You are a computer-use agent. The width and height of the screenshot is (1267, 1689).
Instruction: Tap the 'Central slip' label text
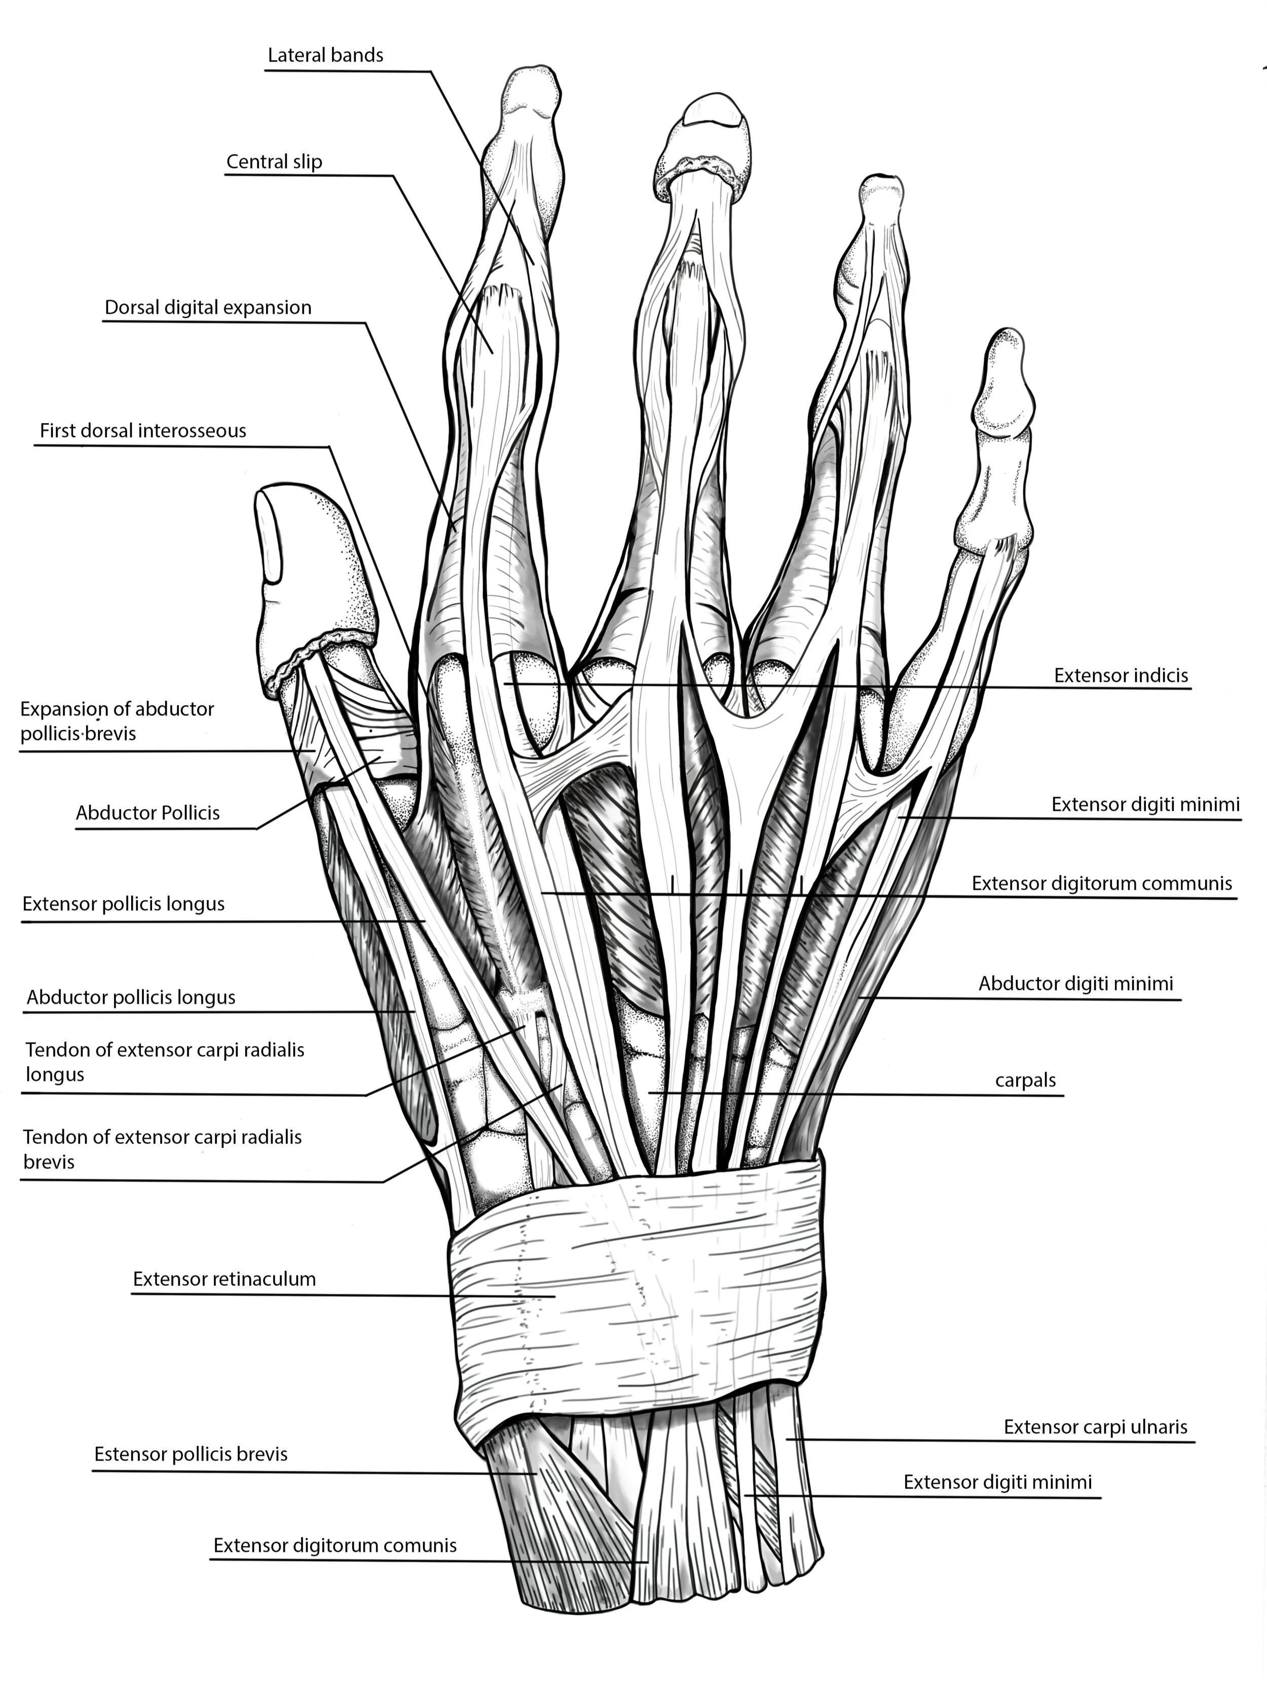pos(274,162)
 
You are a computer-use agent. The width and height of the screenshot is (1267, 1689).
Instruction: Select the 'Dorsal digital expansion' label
pos(208,308)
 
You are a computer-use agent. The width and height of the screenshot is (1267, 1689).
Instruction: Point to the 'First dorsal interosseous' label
pos(143,431)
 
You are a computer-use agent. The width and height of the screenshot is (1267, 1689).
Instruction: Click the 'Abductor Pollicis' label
pos(147,813)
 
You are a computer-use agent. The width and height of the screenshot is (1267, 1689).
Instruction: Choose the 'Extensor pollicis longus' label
pos(124,904)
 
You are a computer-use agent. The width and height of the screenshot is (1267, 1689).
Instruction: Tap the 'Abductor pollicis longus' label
pos(131,997)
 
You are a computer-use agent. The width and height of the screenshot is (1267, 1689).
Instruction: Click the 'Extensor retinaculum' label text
pos(225,1279)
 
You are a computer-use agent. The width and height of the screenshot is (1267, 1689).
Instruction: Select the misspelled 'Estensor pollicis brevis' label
pos(191,1454)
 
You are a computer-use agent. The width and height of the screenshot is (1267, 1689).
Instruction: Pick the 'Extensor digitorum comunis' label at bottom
pos(334,1546)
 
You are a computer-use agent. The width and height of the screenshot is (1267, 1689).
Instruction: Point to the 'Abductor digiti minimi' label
pos(1076,984)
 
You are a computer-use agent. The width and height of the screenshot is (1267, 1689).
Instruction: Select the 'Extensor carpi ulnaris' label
pos(1096,1427)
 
